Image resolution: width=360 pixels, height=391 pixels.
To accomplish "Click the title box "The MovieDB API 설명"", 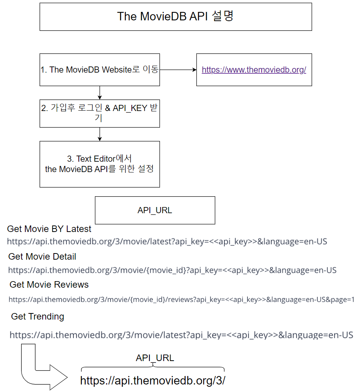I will [176, 17].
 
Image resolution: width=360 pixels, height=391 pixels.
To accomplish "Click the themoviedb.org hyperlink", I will [254, 70].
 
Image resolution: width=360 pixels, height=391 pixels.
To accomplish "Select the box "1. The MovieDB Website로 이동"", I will [100, 70].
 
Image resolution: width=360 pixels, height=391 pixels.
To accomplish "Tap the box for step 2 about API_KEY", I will [100, 113].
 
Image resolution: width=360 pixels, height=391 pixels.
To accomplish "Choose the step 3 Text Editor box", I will [100, 164].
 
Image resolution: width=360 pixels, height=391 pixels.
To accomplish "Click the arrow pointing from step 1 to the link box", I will [178, 70].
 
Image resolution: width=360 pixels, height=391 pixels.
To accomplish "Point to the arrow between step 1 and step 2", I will [100, 93].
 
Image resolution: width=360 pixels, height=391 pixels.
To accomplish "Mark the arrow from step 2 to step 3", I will [100, 134].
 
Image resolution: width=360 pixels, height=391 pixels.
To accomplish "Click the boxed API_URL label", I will [155, 210].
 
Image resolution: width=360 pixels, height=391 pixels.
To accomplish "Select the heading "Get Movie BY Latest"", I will [49, 229].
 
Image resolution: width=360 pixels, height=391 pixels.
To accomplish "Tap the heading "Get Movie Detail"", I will [42, 257].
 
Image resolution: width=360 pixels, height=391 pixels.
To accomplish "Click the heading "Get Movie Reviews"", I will [49, 285].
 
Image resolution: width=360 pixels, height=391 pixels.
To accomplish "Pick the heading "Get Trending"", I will [38, 316].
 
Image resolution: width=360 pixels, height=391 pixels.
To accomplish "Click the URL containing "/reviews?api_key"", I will [181, 300].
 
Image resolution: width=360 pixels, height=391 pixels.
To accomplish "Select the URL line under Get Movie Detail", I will [172, 270].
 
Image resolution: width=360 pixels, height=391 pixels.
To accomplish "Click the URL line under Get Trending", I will [181, 335].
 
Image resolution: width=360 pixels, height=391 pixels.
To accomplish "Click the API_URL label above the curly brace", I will [155, 358].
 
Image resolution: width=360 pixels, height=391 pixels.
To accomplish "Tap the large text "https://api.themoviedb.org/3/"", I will [153, 381].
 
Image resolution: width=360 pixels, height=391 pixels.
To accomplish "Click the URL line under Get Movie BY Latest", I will [167, 242].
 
